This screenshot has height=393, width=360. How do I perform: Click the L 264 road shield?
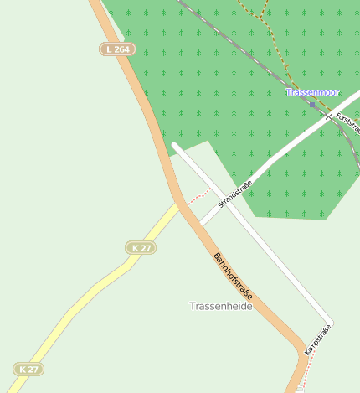pos(117,49)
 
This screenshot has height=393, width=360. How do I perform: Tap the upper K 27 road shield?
pos(141,248)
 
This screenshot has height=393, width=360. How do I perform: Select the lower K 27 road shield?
pos(28,370)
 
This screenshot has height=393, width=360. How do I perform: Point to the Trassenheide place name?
pos(220,307)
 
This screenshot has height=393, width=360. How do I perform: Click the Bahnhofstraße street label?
pos(232,278)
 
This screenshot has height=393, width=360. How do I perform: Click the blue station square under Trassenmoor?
pos(313,106)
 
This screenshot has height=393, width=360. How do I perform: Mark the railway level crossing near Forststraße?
pos(330,115)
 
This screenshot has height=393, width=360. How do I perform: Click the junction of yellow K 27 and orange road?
pos(180,203)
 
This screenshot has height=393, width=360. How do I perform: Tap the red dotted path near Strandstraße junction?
pos(198,195)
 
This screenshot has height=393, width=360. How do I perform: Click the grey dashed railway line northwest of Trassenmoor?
pos(243,50)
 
